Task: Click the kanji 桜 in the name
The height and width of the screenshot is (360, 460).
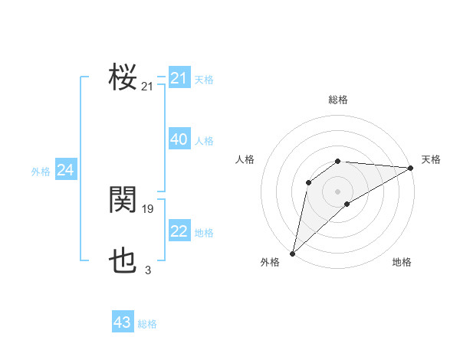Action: [x=123, y=77]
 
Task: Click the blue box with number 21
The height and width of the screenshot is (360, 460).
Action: [x=179, y=78]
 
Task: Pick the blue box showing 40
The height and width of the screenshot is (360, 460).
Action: [x=179, y=139]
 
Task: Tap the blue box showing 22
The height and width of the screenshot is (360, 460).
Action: [x=179, y=231]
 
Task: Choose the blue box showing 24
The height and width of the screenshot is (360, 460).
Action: [x=66, y=170]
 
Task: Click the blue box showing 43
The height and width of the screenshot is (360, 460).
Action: [x=123, y=322]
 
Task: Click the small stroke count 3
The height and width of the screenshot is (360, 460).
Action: [x=148, y=270]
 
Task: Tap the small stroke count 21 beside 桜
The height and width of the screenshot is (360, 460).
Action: [x=147, y=87]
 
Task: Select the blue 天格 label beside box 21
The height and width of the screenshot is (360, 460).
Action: [x=204, y=79]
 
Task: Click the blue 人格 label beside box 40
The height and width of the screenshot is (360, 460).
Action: [x=204, y=141]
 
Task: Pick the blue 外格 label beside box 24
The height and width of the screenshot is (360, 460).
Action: [x=41, y=172]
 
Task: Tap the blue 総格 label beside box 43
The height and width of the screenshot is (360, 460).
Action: [x=147, y=324]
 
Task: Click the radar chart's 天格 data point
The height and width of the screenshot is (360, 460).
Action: [x=411, y=168]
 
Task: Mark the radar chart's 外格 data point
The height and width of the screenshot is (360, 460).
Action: [x=292, y=253]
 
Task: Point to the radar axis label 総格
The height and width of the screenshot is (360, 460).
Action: [x=338, y=100]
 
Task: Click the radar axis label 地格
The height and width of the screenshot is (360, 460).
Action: [x=402, y=262]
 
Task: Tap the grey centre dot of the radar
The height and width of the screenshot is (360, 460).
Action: [x=337, y=191]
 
